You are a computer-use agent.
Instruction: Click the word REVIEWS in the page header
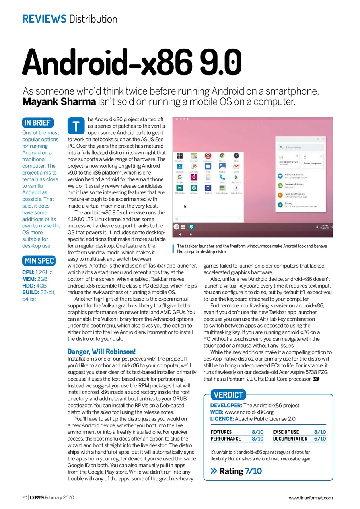44,19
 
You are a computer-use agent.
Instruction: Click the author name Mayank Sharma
59,101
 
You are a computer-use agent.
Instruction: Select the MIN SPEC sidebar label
39,261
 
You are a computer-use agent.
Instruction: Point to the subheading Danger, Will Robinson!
102,352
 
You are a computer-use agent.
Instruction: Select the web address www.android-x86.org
249,412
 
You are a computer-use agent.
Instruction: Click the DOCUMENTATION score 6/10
319,439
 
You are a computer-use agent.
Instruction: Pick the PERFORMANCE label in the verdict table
226,439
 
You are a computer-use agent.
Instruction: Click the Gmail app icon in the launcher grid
236,166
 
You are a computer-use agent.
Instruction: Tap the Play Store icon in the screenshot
236,177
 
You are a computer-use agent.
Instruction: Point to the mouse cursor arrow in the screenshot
185,206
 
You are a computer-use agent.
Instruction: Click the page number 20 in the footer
24,497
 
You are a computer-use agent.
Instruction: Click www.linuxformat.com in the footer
311,498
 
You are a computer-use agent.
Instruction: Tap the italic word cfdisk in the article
142,379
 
